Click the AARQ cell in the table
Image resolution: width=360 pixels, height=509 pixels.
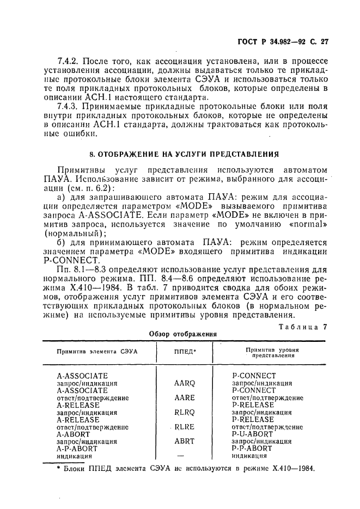[184, 383]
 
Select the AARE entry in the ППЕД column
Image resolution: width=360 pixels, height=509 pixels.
[184, 398]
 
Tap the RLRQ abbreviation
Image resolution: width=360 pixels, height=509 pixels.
[184, 413]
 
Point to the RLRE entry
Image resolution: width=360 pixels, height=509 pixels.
[184, 427]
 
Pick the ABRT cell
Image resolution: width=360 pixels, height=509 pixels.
[184, 441]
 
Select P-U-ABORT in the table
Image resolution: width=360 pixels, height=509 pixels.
[253, 434]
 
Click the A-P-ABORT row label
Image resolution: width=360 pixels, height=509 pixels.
[77, 449]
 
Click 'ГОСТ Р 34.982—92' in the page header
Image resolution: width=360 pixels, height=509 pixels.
[277, 41]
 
